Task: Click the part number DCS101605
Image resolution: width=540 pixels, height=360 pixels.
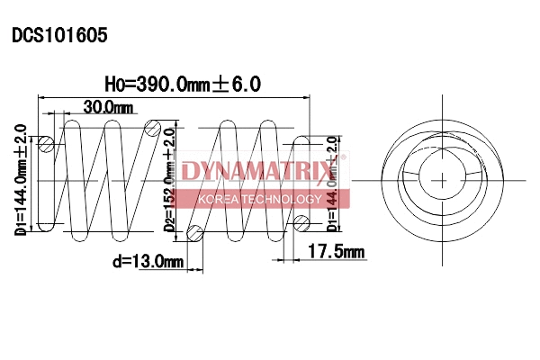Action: click(59, 36)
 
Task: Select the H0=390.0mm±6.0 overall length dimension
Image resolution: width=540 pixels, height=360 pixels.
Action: click(183, 85)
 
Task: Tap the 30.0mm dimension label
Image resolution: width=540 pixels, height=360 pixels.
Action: click(108, 108)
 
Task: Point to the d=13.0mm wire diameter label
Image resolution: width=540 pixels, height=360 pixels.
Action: click(148, 262)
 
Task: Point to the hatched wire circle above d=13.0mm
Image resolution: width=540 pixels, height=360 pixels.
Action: click(194, 235)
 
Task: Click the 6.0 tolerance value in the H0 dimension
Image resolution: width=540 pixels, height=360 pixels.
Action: click(247, 85)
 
